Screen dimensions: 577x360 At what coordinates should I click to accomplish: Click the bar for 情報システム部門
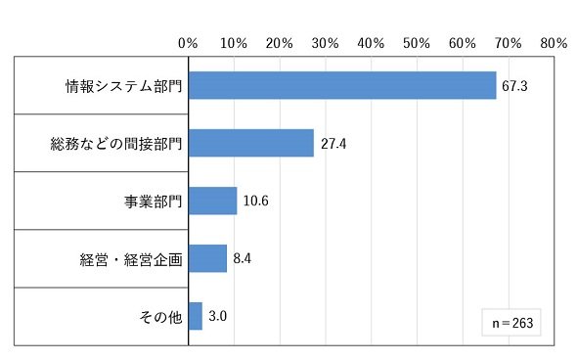[342, 85]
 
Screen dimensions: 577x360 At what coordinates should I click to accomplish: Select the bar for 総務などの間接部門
[251, 143]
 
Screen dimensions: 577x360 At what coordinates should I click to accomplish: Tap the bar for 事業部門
[212, 201]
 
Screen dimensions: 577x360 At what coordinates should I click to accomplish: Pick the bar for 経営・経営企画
[207, 258]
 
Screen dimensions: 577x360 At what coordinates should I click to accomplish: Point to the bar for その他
[196, 316]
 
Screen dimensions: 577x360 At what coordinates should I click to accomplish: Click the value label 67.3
[514, 86]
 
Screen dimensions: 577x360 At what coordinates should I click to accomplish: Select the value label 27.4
[333, 144]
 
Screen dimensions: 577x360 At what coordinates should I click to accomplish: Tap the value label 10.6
[256, 201]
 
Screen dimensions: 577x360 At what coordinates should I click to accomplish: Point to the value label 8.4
[243, 259]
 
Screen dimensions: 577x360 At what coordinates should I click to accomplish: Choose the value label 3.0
[217, 316]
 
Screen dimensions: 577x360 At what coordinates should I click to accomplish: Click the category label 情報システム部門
[124, 86]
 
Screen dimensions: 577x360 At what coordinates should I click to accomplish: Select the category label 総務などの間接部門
[116, 144]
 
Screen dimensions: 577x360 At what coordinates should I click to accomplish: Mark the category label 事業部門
[154, 202]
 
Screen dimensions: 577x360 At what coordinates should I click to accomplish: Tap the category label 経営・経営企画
[131, 259]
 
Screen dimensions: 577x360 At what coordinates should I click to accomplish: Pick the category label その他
[160, 317]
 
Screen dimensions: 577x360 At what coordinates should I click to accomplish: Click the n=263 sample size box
[511, 323]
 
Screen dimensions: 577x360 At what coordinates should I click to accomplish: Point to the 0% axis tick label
[188, 43]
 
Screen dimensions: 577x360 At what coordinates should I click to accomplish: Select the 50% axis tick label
[417, 43]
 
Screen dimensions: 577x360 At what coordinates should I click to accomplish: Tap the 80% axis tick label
[554, 43]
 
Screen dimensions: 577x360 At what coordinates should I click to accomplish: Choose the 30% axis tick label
[326, 43]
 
